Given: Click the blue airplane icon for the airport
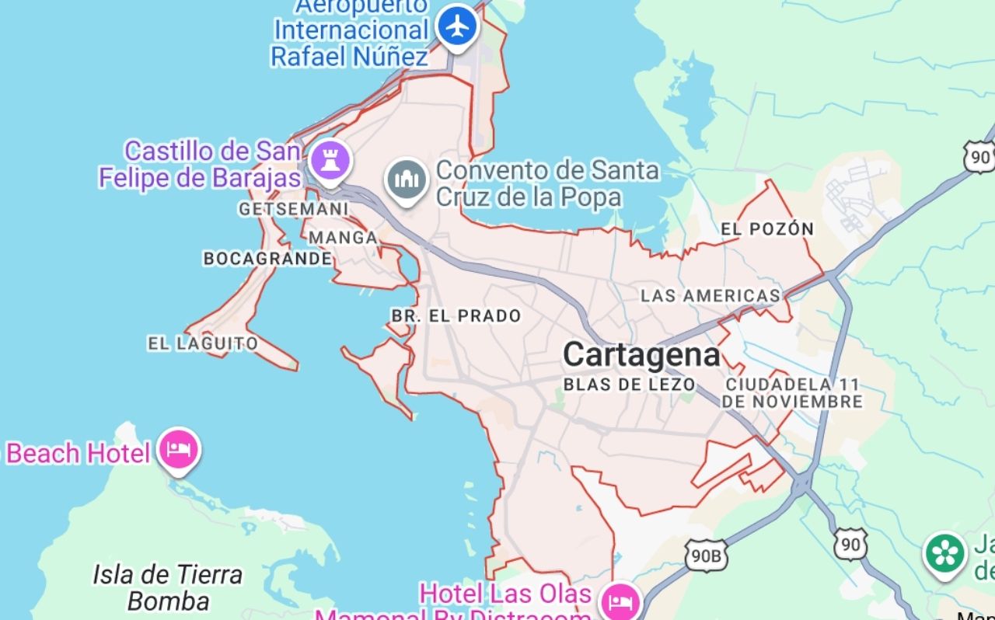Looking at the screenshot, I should (x=458, y=26).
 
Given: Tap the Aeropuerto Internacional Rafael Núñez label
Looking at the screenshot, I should (x=350, y=31).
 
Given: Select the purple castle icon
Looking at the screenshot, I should (x=330, y=161).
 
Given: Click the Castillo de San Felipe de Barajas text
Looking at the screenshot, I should (x=200, y=164).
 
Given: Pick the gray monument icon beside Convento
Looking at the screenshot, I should (x=407, y=180).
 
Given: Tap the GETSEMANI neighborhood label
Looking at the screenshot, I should (x=293, y=209).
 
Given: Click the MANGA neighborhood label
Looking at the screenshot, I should (x=343, y=237).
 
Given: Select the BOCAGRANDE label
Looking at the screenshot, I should (x=267, y=258).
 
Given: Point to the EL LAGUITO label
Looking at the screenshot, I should (x=203, y=343).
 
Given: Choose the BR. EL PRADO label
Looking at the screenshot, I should (x=456, y=316).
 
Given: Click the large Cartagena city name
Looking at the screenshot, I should (x=641, y=355).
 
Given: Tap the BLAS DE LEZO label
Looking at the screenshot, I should (x=629, y=384).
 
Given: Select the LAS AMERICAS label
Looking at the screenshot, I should (x=710, y=295).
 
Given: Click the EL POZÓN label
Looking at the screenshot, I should (x=767, y=229).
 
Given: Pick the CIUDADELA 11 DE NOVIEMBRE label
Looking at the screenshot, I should (x=793, y=393).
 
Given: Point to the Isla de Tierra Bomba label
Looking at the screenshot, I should (x=168, y=587).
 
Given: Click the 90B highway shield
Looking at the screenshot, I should (x=706, y=555).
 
